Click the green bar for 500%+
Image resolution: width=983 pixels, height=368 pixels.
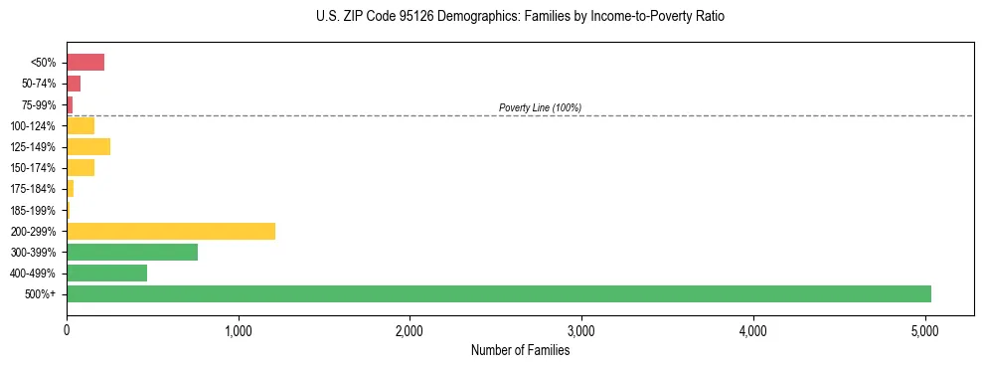(x=498, y=293)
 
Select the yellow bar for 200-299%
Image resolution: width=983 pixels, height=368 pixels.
(x=170, y=231)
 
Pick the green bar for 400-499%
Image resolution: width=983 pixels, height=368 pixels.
(x=106, y=273)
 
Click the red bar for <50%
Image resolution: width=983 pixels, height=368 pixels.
(x=85, y=63)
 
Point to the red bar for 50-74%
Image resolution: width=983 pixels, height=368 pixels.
(x=74, y=84)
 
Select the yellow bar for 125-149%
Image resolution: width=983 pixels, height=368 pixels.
(x=88, y=147)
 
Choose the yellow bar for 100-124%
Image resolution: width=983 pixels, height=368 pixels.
(x=81, y=125)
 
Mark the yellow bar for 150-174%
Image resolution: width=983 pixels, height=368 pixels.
(x=81, y=168)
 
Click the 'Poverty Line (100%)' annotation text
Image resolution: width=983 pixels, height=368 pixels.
(x=540, y=107)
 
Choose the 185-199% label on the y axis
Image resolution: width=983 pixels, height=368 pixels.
(x=33, y=210)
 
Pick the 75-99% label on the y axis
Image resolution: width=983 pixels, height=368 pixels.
(x=37, y=104)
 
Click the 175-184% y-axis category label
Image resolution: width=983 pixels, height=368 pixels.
(x=33, y=189)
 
